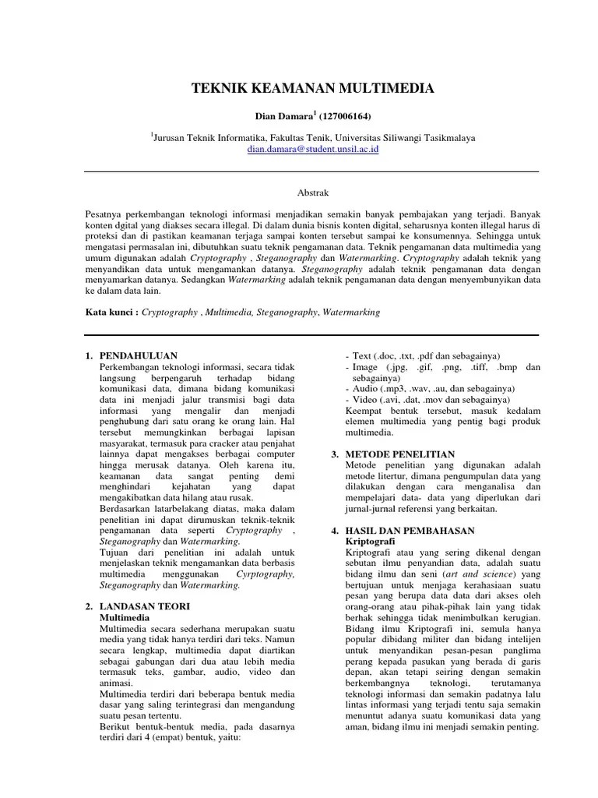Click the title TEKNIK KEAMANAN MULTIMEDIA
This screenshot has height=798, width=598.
pos(313,90)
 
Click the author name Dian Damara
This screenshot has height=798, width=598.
pos(283,117)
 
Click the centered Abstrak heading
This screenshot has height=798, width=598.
pos(312,190)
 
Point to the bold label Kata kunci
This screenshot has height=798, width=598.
pos(111,312)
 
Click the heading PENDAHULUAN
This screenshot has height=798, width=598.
pos(139,356)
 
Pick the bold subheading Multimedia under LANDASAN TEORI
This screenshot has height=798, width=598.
pos(125,616)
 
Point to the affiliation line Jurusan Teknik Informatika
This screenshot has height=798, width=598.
pos(312,135)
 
